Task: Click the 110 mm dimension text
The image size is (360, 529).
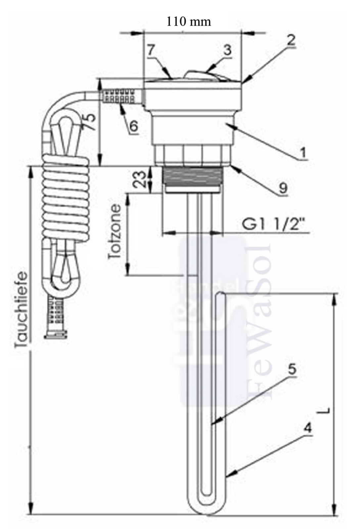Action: click(x=188, y=22)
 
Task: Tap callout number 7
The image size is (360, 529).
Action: click(x=151, y=51)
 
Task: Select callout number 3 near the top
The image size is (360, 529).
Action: click(x=227, y=50)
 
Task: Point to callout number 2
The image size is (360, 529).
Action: click(x=291, y=40)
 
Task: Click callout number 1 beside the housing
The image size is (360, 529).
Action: click(x=303, y=152)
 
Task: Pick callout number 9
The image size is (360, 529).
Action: click(x=283, y=188)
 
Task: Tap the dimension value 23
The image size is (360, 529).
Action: click(x=140, y=179)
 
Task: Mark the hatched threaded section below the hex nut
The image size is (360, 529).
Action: click(x=192, y=177)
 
